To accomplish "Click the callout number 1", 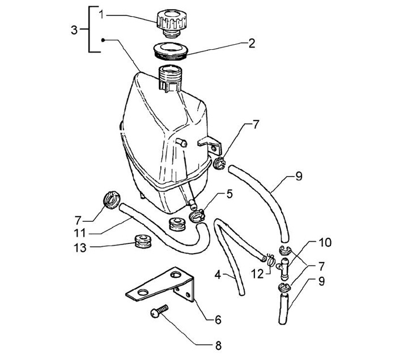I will tap(101, 14).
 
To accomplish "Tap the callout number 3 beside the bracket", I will tap(74, 30).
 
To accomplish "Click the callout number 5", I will tap(229, 194).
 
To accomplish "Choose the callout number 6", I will tap(218, 320).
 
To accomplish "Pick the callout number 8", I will tap(219, 345).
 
